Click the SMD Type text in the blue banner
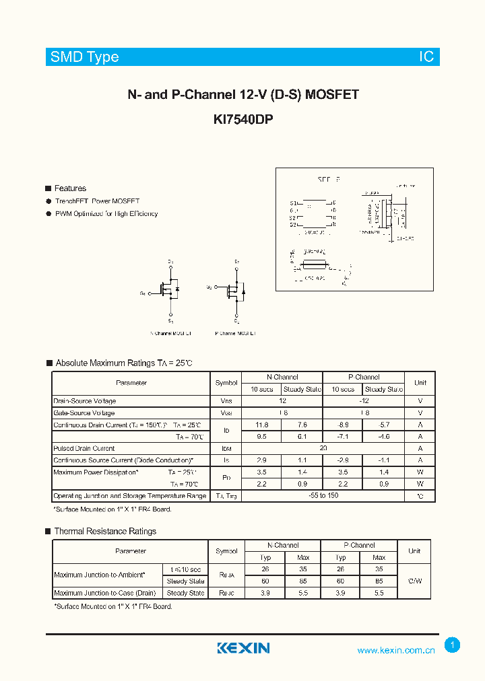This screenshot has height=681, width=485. [84, 57]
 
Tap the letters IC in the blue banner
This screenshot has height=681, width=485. [427, 57]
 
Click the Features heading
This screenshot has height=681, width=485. [70, 188]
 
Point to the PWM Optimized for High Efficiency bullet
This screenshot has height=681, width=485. [106, 213]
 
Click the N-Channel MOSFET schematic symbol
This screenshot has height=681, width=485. [168, 289]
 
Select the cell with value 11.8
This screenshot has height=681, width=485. [261, 425]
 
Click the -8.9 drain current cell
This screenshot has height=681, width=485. [342, 425]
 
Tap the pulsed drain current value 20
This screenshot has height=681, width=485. [323, 448]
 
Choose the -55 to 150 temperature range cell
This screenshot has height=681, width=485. [323, 496]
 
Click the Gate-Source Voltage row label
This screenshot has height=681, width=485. [84, 413]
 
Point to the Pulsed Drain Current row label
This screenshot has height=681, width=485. [84, 448]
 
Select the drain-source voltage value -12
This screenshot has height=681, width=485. [363, 401]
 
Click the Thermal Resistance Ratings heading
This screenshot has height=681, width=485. [105, 531]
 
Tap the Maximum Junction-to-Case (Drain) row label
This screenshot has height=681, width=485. [105, 593]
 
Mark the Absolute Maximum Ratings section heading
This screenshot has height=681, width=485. [123, 363]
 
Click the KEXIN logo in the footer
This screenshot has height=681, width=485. [243, 648]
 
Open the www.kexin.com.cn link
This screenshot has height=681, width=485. [396, 650]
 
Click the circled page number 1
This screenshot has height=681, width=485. [453, 645]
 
